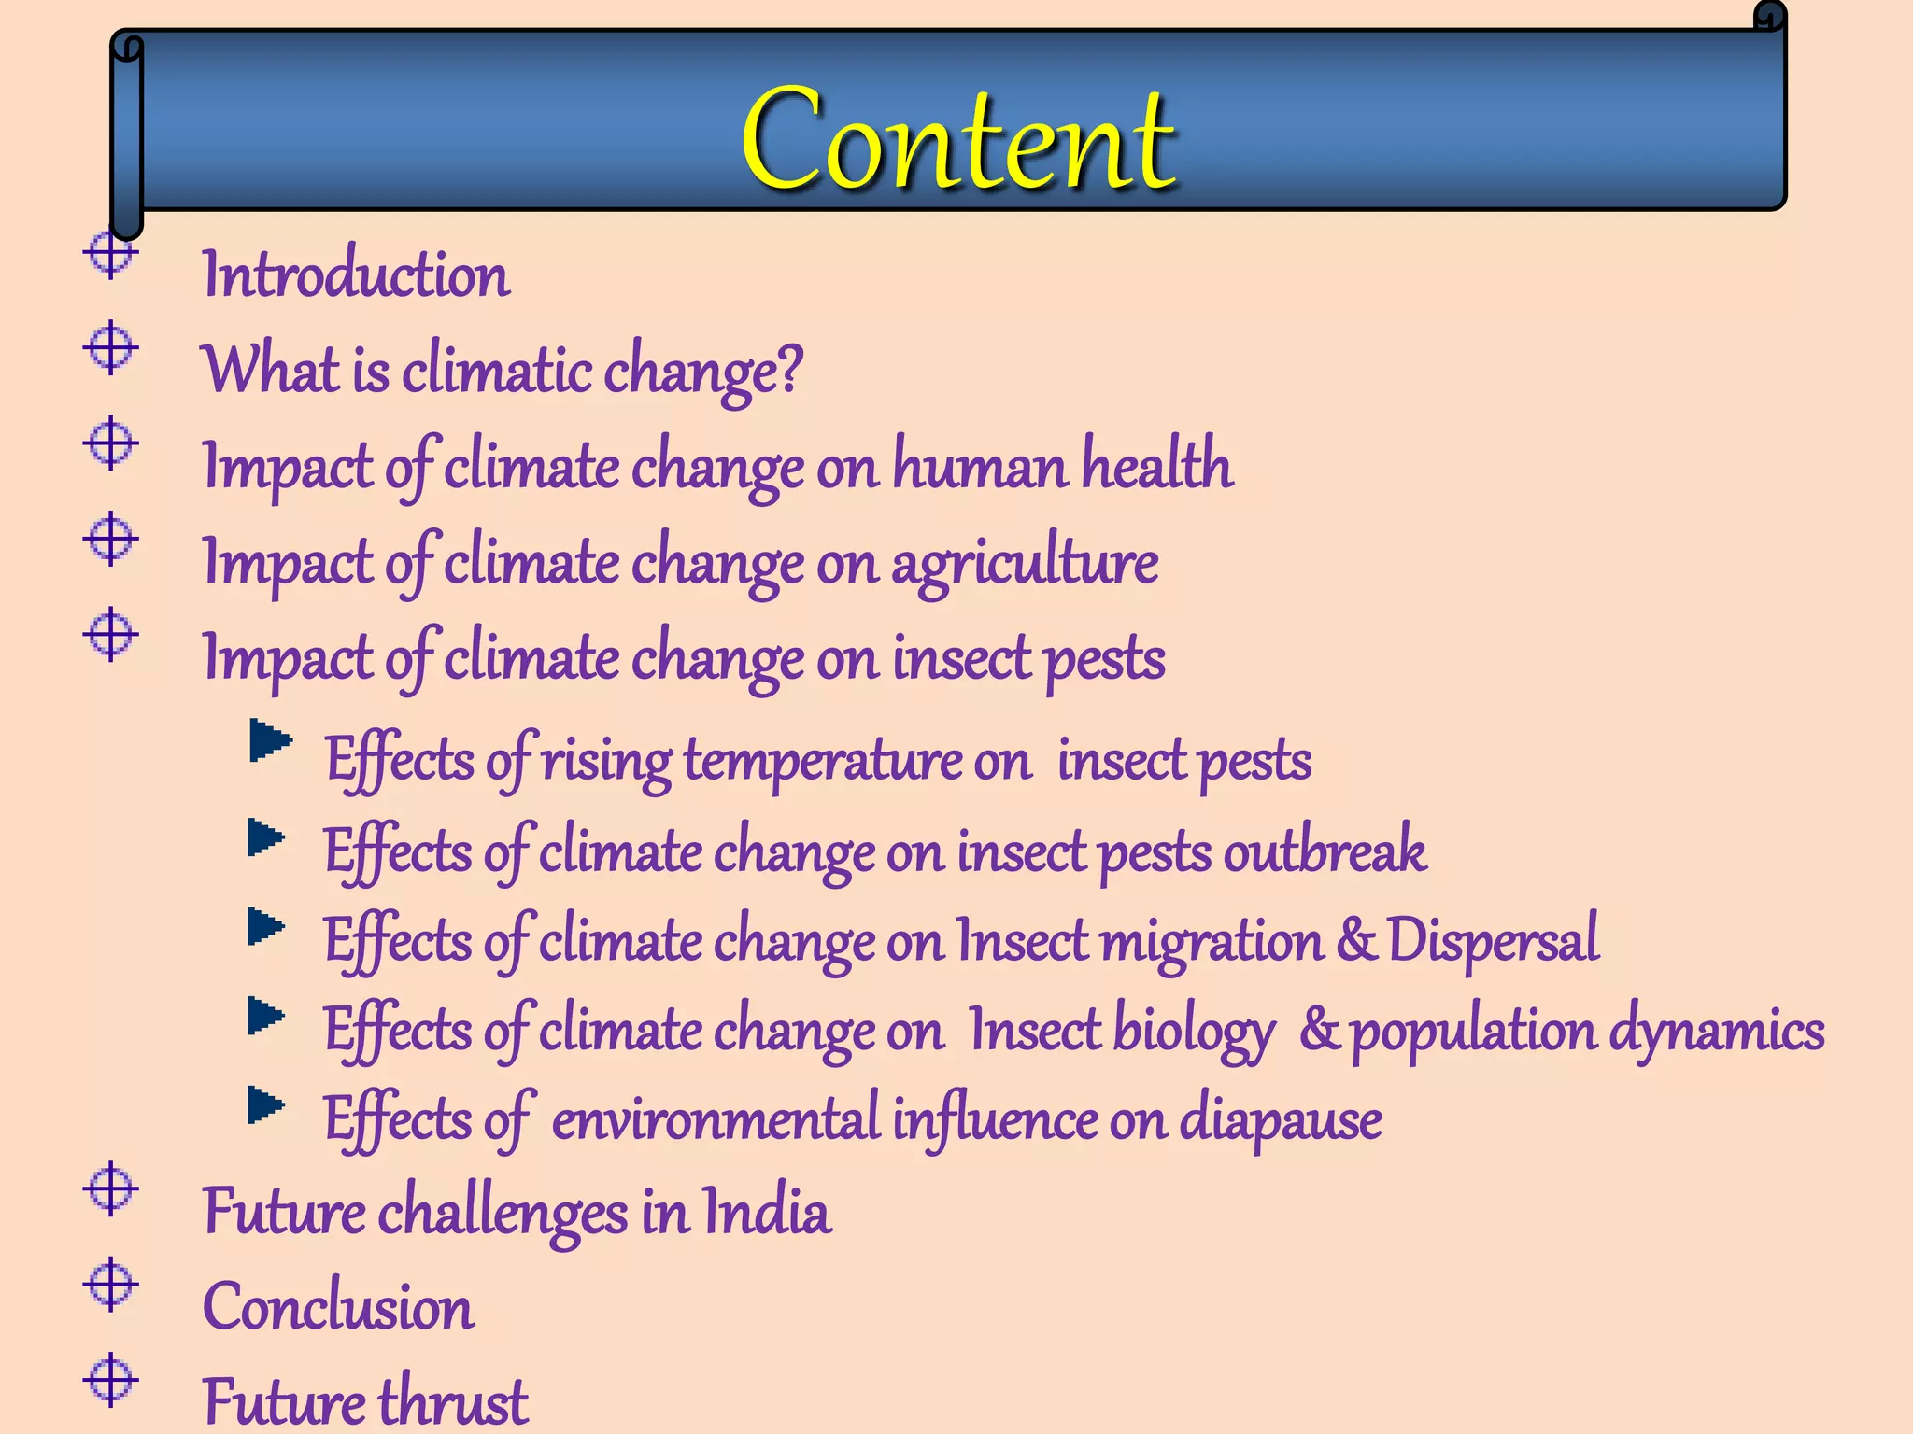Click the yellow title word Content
point(957,140)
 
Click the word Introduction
point(356,275)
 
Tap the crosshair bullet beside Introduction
point(111,253)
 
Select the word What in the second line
point(271,370)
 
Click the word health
point(1157,464)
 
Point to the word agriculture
point(1025,563)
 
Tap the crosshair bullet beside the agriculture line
point(111,539)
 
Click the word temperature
point(822,760)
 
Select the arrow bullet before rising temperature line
point(270,741)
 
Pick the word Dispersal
point(1493,940)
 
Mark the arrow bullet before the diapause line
point(266,1105)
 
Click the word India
point(766,1212)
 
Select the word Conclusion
point(338,1306)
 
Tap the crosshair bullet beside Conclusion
point(111,1284)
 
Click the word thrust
point(453,1401)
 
